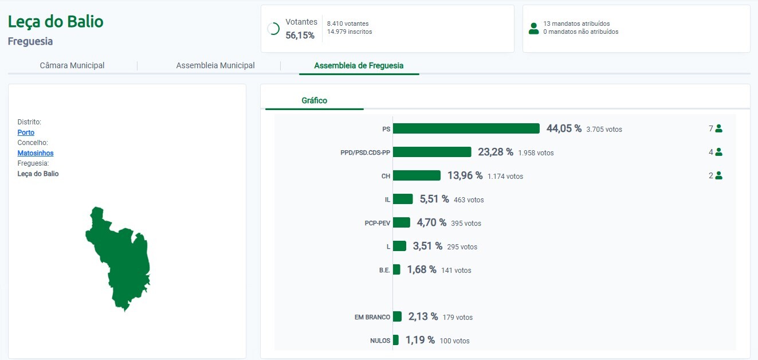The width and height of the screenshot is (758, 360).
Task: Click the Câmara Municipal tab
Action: pyautogui.click(x=72, y=65)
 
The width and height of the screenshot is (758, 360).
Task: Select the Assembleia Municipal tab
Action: pyautogui.click(x=215, y=65)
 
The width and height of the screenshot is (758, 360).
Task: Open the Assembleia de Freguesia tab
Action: pyautogui.click(x=359, y=65)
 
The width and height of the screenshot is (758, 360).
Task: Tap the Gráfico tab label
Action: pyautogui.click(x=315, y=100)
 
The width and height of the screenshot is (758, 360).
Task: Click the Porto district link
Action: pyautogui.click(x=26, y=132)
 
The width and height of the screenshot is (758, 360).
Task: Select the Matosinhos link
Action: pyautogui.click(x=36, y=153)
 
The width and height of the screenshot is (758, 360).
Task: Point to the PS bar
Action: pyautogui.click(x=466, y=128)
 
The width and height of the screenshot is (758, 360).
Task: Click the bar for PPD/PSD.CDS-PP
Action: pyautogui.click(x=432, y=152)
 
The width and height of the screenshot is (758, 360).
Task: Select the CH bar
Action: pyautogui.click(x=417, y=175)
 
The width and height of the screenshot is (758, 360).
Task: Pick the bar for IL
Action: pyautogui.click(x=403, y=199)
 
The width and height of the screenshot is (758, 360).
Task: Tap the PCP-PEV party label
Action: pyautogui.click(x=377, y=223)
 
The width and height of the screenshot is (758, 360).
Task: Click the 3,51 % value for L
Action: pyautogui.click(x=427, y=246)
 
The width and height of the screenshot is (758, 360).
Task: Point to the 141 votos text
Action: pyautogui.click(x=456, y=271)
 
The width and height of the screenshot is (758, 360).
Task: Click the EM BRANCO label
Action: pyautogui.click(x=372, y=317)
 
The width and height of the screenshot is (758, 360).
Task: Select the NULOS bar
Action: pyautogui.click(x=395, y=340)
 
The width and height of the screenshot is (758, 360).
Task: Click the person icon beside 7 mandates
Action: pyautogui.click(x=718, y=129)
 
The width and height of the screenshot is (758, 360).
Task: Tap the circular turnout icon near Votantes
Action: pyautogui.click(x=273, y=29)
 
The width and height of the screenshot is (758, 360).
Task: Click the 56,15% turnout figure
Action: pyautogui.click(x=300, y=36)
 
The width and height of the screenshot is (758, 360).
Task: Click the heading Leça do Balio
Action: pyautogui.click(x=56, y=22)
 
